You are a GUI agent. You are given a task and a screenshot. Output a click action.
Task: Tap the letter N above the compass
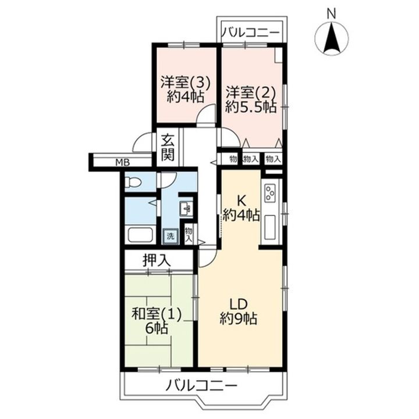(332, 13)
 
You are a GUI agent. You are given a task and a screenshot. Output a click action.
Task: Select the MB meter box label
(123, 162)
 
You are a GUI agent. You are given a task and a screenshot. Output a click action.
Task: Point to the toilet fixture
(134, 183)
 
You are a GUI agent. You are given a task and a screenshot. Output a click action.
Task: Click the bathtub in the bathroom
(140, 235)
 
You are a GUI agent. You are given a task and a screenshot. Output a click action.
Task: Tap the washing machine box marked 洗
(171, 236)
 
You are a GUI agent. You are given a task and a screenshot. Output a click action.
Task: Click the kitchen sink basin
(270, 227)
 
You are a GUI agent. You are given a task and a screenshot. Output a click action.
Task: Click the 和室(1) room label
(157, 314)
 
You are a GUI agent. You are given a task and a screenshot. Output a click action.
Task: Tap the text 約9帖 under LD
(239, 318)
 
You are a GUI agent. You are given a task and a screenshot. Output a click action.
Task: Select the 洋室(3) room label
(184, 83)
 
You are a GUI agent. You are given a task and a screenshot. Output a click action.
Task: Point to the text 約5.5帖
(250, 107)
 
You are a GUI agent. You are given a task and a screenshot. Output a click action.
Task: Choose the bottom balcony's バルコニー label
(202, 386)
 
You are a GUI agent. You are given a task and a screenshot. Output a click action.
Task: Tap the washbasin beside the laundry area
(186, 208)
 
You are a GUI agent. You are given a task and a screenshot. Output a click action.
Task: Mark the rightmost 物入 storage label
(272, 159)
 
